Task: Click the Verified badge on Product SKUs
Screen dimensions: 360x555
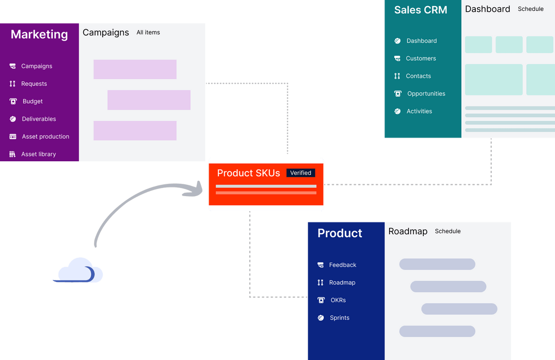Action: point(301,173)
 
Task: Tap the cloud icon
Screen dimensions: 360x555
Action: point(80,271)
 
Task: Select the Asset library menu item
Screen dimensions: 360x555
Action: point(39,154)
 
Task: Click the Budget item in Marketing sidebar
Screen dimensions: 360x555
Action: point(32,102)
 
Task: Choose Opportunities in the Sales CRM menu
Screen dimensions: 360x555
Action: point(426,93)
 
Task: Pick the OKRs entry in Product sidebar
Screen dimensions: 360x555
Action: point(338,300)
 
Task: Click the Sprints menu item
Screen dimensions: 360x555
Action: point(339,318)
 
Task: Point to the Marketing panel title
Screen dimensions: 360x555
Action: point(39,34)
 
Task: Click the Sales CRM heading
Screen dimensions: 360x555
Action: point(420,10)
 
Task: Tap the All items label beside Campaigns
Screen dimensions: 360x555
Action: point(148,32)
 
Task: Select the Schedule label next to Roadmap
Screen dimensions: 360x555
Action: point(448,231)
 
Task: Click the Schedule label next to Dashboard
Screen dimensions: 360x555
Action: point(530,9)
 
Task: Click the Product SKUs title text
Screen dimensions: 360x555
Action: point(248,173)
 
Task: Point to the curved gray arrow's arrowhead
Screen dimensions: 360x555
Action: point(198,188)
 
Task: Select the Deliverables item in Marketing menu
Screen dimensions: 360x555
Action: point(39,119)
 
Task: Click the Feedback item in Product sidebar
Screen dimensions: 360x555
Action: point(342,265)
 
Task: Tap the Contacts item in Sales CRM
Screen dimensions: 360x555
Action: point(418,76)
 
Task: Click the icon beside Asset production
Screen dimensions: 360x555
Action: point(13,137)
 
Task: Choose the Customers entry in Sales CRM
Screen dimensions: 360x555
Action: point(420,59)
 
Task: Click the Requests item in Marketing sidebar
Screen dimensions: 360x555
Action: point(34,84)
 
